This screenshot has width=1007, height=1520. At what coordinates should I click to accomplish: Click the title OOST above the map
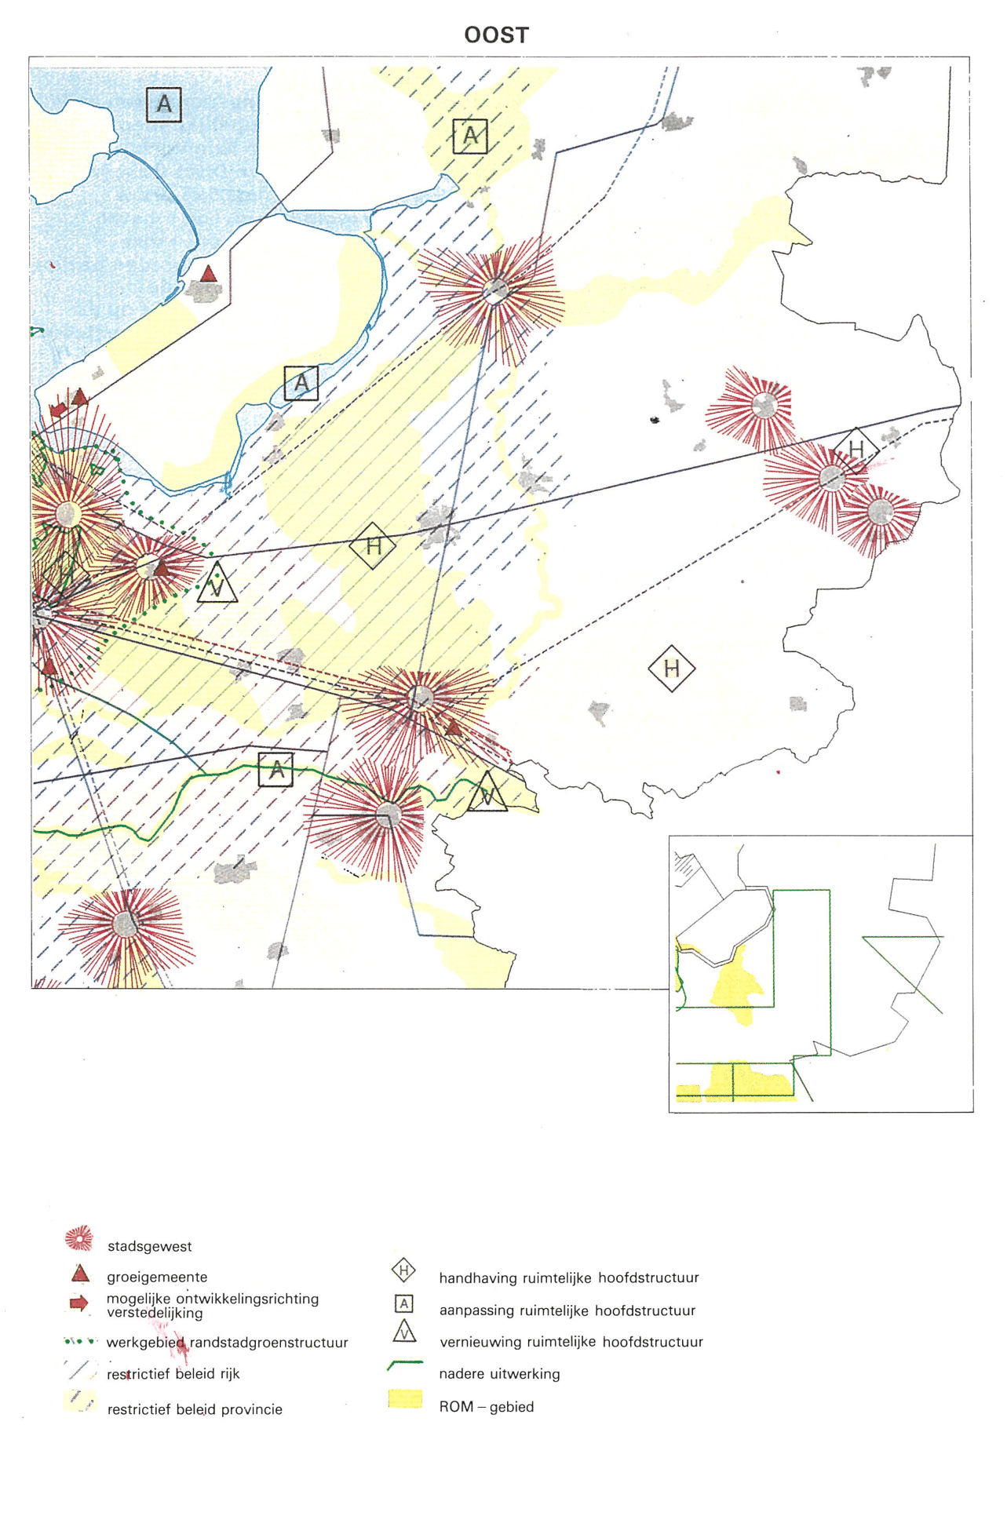click(496, 35)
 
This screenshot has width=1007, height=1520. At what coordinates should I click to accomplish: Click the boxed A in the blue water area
click(164, 104)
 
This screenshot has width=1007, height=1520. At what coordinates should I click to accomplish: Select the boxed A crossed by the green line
click(275, 770)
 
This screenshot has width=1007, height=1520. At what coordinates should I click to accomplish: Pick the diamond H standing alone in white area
click(672, 669)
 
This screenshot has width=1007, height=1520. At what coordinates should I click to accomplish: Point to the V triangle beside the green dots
click(217, 584)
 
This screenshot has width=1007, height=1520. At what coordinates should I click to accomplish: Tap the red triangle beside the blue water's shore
click(208, 274)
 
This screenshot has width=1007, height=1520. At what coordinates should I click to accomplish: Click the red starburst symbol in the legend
click(79, 1238)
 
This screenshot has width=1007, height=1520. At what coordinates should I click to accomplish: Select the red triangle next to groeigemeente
click(80, 1273)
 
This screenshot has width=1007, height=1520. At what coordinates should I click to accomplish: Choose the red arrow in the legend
click(78, 1303)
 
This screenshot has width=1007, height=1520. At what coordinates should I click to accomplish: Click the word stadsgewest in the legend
click(149, 1246)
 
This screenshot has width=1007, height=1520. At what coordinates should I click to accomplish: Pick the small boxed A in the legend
click(403, 1304)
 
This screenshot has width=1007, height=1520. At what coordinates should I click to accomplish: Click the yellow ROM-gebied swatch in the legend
click(405, 1399)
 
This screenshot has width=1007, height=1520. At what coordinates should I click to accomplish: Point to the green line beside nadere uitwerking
click(405, 1365)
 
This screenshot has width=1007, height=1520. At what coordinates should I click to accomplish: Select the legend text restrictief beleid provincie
click(195, 1409)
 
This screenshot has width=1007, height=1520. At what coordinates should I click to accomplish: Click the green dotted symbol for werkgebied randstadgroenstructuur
click(80, 1341)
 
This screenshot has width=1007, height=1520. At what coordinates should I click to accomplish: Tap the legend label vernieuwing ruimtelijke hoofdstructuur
click(571, 1342)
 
